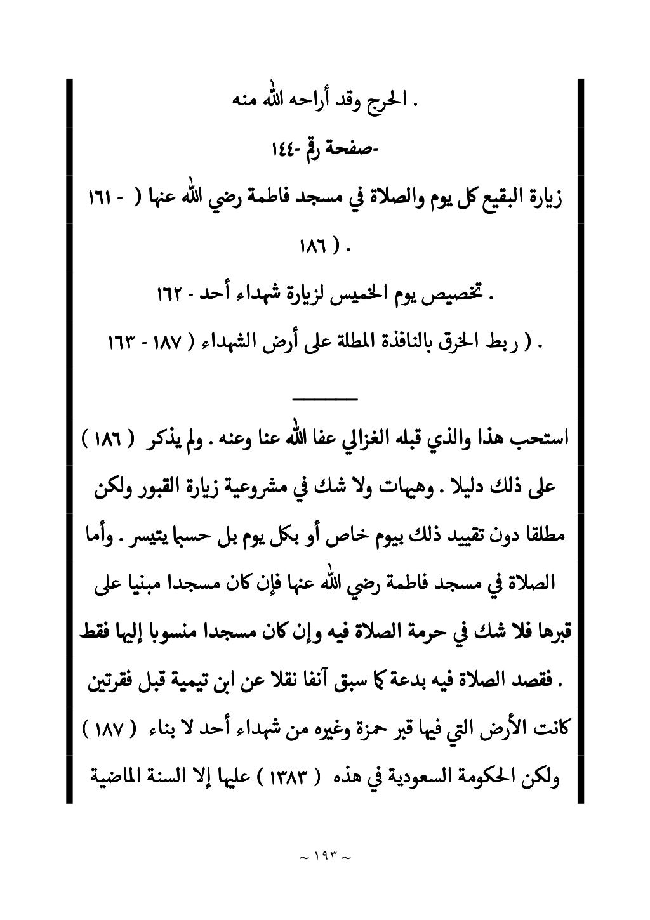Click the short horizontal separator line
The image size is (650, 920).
pyautogui.click(x=324, y=398)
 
